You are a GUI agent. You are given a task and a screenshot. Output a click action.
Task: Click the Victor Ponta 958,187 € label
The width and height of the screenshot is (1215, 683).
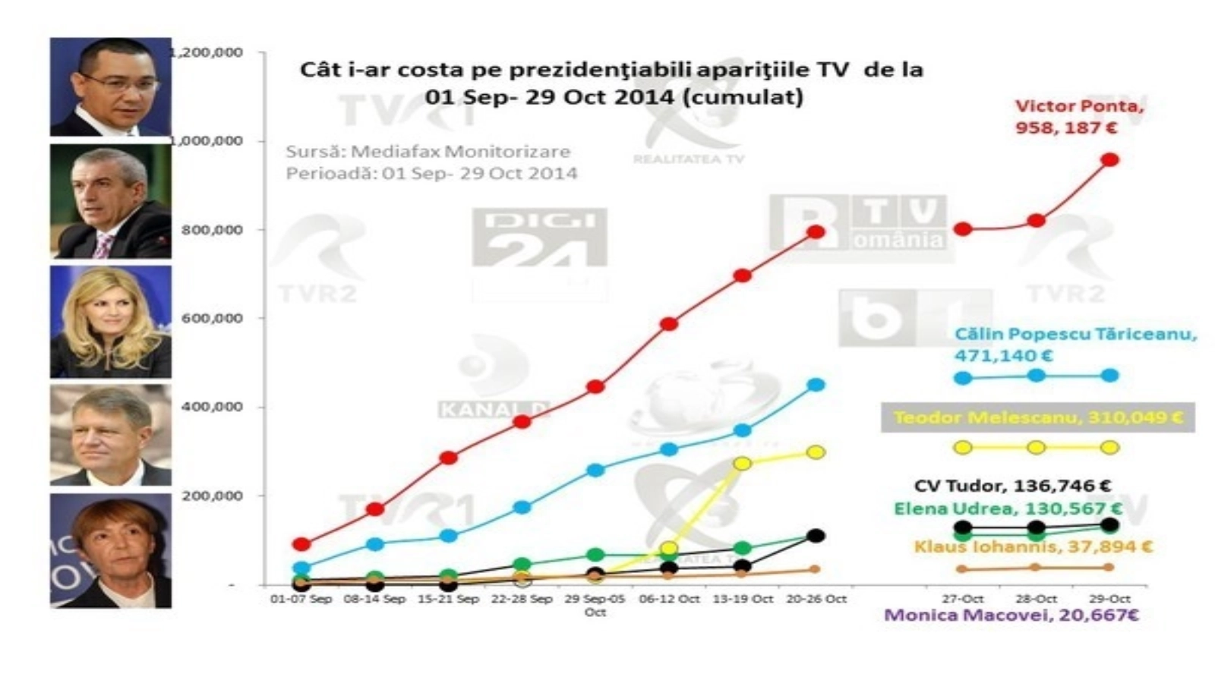coord(1078,117)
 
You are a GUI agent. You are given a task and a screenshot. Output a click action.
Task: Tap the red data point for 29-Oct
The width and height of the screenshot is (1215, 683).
coord(1109,159)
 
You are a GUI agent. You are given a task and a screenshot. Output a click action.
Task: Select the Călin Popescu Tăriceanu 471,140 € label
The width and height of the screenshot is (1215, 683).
coord(1075,345)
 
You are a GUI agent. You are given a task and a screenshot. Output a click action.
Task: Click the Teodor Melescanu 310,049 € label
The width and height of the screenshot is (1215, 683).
coord(1037,417)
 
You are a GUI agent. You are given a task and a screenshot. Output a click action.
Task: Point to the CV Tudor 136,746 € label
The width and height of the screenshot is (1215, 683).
coord(1013,486)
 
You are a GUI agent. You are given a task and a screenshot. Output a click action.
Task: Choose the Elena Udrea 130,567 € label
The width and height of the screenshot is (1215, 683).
coord(1008,508)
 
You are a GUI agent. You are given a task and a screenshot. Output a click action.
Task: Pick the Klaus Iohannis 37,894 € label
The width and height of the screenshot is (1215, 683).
coord(1033,546)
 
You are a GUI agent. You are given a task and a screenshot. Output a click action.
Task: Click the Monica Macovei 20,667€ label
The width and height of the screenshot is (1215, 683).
coord(1011,615)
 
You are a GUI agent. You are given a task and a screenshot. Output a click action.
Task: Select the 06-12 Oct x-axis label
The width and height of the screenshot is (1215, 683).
coord(669,599)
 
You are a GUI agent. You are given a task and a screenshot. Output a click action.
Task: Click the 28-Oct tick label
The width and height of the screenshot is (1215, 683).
coord(1036,599)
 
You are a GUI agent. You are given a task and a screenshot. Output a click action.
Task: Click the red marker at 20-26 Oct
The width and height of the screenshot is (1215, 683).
coord(816,231)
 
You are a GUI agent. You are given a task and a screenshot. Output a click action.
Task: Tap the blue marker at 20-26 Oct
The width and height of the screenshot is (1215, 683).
coord(816,385)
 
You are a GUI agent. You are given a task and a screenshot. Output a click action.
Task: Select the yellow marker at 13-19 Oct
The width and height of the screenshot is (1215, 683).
coord(742,463)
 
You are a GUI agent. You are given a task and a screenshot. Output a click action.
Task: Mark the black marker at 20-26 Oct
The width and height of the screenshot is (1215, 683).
coord(816,536)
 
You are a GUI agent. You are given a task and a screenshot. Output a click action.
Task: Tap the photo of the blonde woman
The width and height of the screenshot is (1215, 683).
coord(111,322)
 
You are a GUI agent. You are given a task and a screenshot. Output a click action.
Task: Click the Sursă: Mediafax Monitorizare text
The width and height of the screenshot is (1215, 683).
coord(428,152)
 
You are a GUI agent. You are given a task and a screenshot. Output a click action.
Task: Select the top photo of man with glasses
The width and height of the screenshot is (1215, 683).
coord(111,87)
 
